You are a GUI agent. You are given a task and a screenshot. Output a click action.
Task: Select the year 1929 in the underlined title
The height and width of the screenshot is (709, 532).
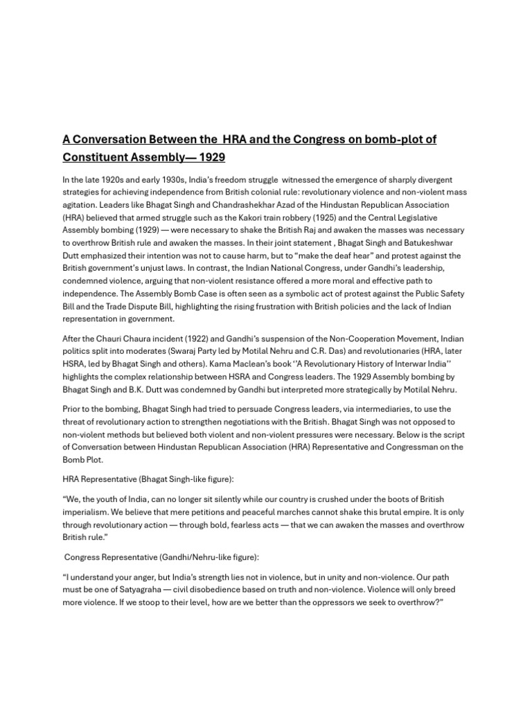coord(207,158)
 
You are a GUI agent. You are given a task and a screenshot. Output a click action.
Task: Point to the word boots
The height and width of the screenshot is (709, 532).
coord(392,499)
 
